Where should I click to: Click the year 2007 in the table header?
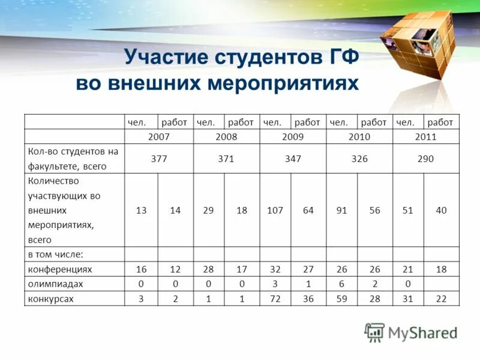tap(158, 137)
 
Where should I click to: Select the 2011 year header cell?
tap(425, 137)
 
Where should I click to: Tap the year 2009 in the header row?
tap(292, 137)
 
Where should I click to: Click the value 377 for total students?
tap(158, 159)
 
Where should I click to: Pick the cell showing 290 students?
tap(425, 159)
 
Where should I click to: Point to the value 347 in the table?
tap(292, 159)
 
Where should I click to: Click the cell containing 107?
tap(275, 211)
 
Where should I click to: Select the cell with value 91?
tap(342, 211)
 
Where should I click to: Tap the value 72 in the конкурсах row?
tap(275, 299)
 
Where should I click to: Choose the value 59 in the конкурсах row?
tap(342, 299)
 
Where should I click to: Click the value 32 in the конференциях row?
tap(275, 269)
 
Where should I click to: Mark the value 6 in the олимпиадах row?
tap(342, 284)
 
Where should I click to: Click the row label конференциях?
tap(60, 269)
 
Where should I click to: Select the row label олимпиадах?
tap(55, 284)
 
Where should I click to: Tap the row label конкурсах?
tap(50, 299)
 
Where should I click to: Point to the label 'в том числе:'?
tap(55, 254)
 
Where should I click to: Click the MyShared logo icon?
tap(374, 332)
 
